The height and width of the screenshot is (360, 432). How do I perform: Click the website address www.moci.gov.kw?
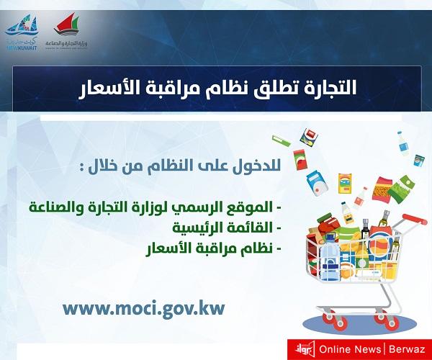tap(144, 308)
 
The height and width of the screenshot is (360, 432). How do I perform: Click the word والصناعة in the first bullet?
tap(54, 207)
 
